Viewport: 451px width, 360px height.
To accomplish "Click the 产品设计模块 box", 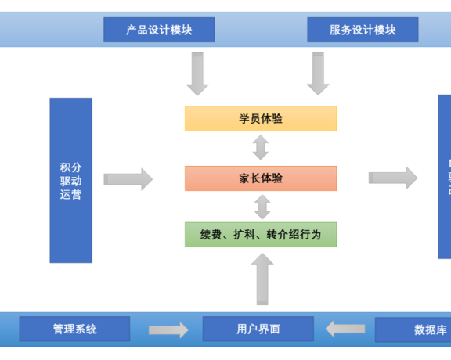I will pos(159,30).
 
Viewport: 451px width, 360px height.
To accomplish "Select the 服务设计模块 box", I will pos(363,30).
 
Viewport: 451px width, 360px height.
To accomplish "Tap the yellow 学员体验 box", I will pos(261,119).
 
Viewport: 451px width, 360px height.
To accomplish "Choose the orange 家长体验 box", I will pos(261,178).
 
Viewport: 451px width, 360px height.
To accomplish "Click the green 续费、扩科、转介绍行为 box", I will pos(261,235).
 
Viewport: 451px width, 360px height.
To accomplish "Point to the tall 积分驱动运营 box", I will pos(70,180).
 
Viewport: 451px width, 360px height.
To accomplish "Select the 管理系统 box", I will pos(74,329).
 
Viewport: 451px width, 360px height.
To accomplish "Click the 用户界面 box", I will pos(258,329).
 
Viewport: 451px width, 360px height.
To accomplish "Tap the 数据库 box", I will pos(415,329).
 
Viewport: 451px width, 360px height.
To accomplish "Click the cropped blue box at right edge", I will pos(444,176).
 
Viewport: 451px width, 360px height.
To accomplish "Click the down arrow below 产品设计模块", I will pos(197,74).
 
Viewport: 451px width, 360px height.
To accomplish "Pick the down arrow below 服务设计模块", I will pos(317,74).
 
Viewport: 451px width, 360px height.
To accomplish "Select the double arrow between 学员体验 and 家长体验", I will pos(261,148).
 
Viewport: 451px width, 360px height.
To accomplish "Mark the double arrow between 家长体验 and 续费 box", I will pos(262,207).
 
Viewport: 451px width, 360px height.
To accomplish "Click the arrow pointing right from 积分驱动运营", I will pos(128,179).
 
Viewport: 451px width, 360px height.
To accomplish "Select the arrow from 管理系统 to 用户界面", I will pos(168,329).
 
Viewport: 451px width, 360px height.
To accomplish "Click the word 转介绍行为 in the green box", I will pos(290,235).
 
